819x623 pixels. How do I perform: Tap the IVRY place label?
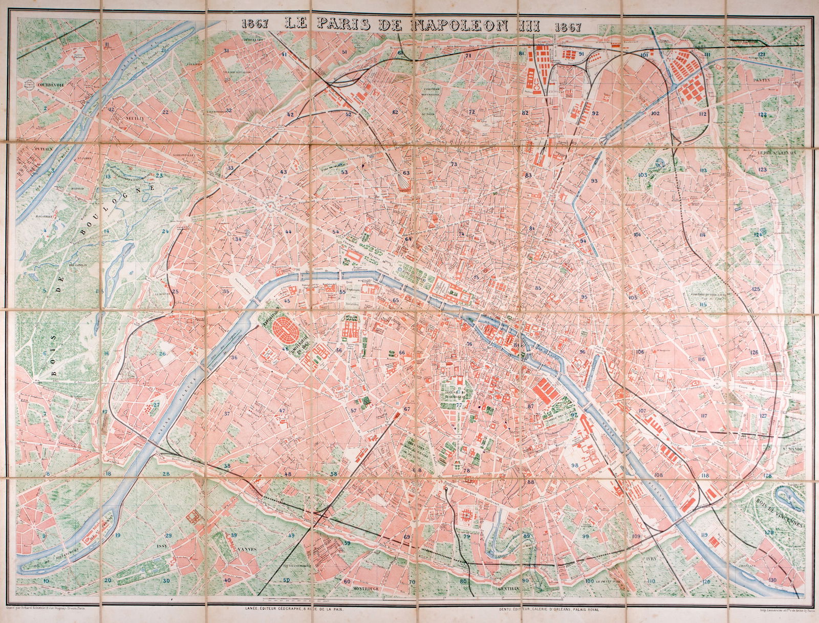click(x=651, y=560)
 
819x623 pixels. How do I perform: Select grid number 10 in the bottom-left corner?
click(x=46, y=581)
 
